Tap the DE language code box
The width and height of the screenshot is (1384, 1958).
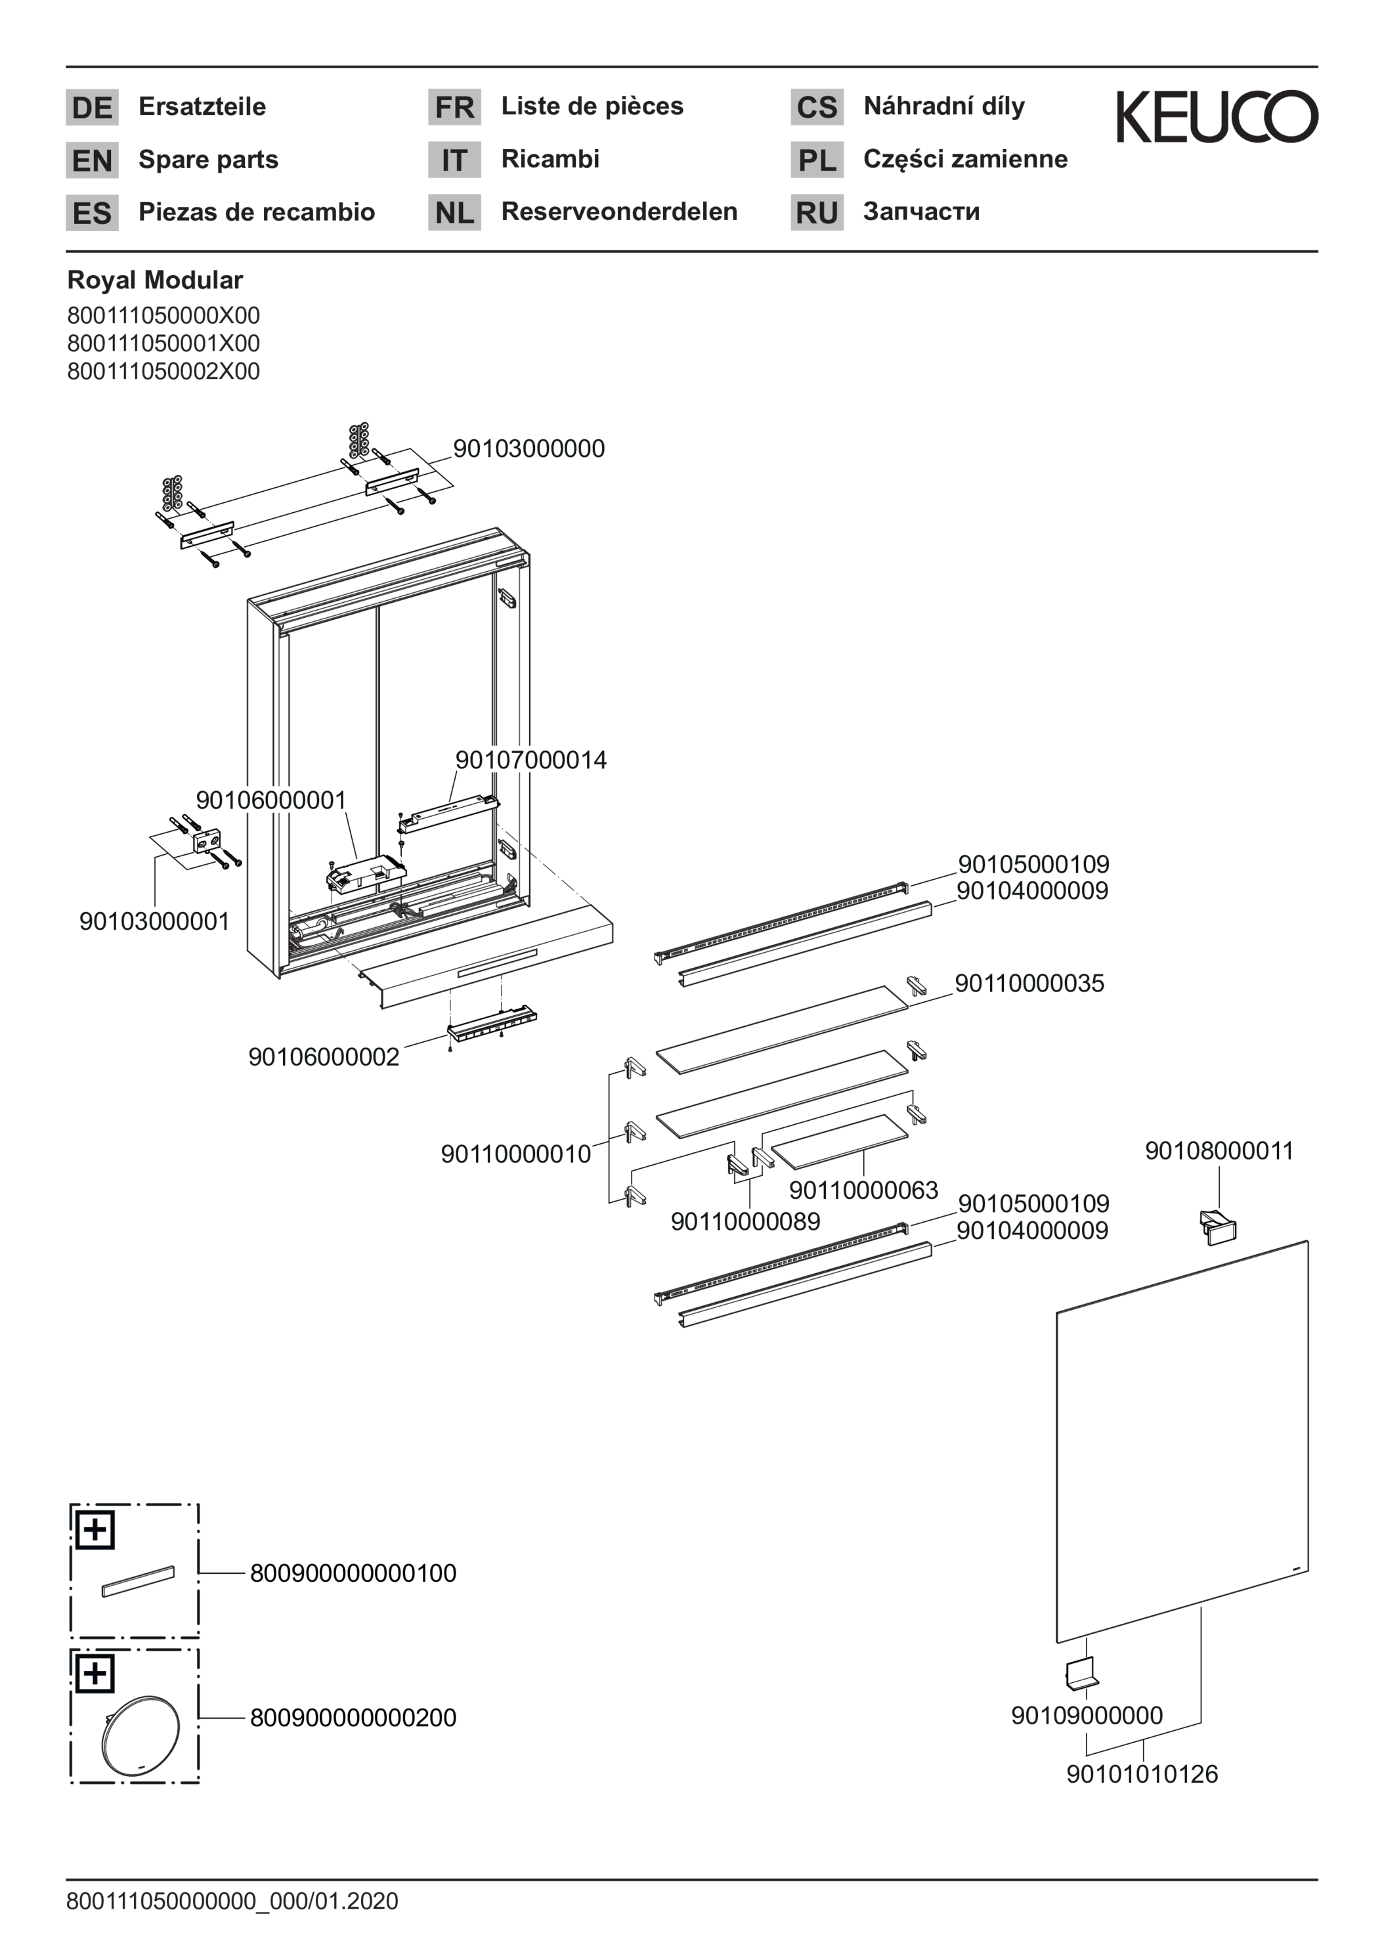coord(92,108)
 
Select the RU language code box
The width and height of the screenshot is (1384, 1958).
coord(816,212)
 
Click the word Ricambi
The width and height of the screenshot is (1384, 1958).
coord(550,159)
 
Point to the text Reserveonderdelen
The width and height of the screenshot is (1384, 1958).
coord(619,211)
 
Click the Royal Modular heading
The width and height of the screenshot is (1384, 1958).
coord(155,280)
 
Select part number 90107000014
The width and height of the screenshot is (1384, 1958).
coord(532,759)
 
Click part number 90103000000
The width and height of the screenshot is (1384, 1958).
coord(529,448)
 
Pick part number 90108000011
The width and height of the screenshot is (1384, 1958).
coord(1219,1150)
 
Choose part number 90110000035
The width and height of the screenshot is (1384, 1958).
coord(1029,983)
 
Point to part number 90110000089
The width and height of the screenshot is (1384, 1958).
coord(745,1221)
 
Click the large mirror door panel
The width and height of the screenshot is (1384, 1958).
coord(1182,1441)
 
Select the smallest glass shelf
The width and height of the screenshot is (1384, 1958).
coord(840,1140)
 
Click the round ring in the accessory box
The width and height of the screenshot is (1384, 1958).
coord(141,1735)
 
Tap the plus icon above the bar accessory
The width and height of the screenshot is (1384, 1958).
coord(95,1529)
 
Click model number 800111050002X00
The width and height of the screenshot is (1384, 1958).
coord(163,371)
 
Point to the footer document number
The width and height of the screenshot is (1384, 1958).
coord(232,1901)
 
